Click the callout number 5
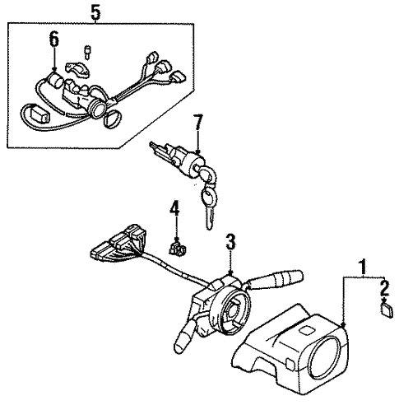tap(96, 12)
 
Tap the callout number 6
tap(54, 39)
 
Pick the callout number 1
tap(359, 267)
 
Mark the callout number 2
tap(383, 287)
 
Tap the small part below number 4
tap(175, 245)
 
